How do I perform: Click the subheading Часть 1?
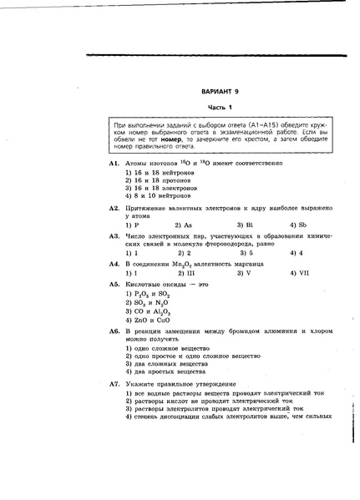coord(220,108)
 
